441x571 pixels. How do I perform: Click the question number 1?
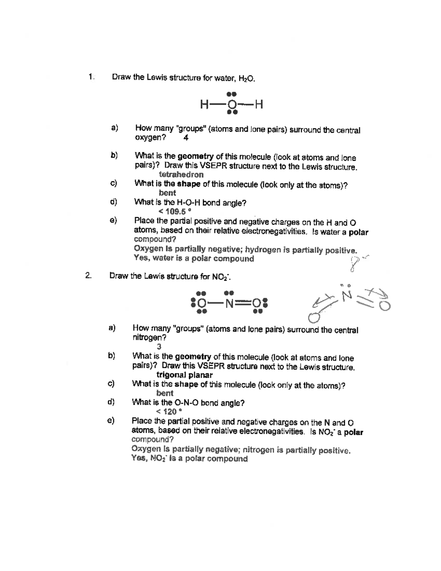(x=90, y=77)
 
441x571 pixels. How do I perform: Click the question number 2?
(x=88, y=276)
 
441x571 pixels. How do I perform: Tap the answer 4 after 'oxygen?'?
(x=186, y=138)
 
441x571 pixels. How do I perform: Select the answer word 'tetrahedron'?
(x=181, y=175)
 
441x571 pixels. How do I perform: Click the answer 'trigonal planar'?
(x=184, y=375)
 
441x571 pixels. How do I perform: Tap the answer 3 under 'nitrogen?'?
(x=159, y=347)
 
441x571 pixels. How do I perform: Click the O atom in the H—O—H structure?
(x=232, y=105)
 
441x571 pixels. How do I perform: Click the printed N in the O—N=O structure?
(x=230, y=304)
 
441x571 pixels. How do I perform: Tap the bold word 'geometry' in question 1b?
(x=196, y=157)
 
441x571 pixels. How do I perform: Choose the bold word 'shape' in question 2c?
(x=186, y=385)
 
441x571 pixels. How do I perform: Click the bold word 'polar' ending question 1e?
(x=358, y=232)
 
